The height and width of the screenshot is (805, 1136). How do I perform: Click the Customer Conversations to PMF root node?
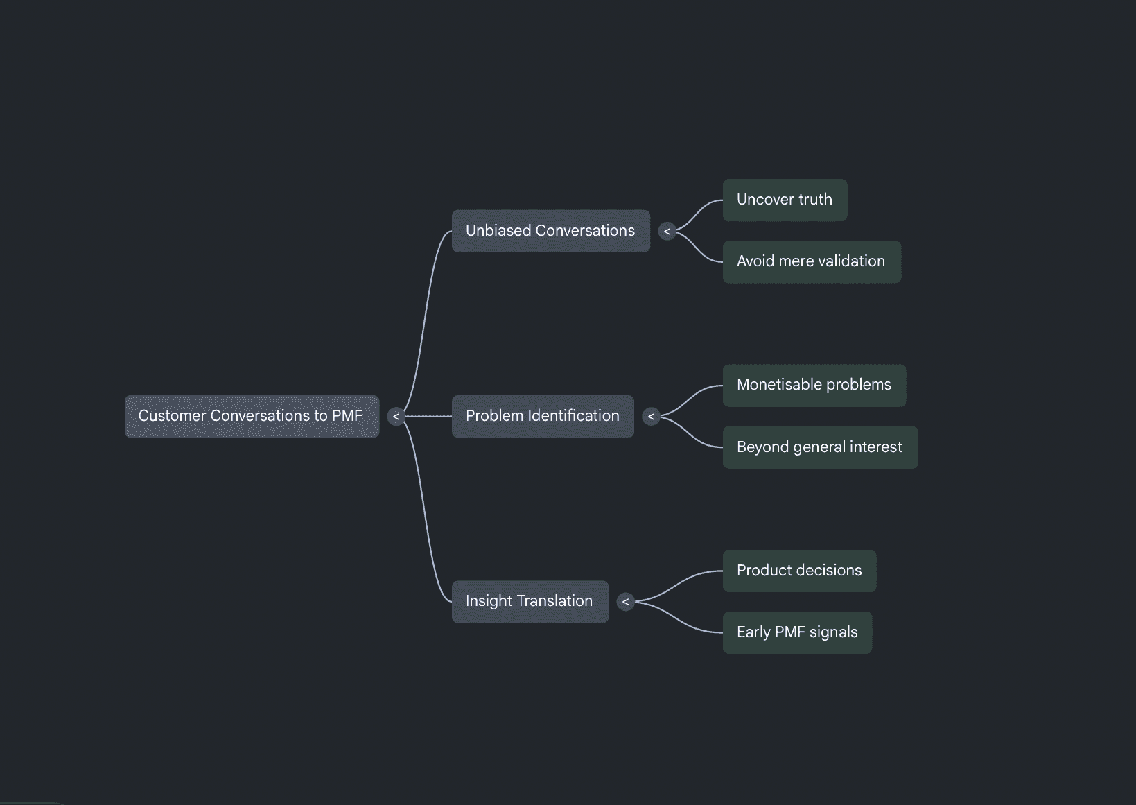252,417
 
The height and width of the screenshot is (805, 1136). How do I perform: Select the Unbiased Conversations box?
551,231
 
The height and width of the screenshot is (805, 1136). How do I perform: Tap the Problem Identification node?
543,417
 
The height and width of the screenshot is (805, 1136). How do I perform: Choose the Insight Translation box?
530,602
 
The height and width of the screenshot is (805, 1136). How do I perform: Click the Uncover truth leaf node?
785,200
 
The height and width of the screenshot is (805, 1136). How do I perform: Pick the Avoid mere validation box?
812,261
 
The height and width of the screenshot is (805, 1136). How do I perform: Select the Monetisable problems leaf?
814,386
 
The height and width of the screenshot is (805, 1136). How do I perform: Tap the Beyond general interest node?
820,447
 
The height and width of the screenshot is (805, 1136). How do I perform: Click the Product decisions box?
799,571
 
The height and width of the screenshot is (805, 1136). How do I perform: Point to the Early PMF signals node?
797,632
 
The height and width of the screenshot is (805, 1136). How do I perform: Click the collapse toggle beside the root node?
396,417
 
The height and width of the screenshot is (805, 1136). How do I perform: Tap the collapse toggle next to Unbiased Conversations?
667,232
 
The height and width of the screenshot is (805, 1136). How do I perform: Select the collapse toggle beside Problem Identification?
651,417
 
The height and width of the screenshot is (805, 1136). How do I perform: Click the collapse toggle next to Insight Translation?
625,602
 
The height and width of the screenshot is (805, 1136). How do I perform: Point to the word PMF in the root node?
347,416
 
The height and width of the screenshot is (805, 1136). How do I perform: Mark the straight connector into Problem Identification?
428,417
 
